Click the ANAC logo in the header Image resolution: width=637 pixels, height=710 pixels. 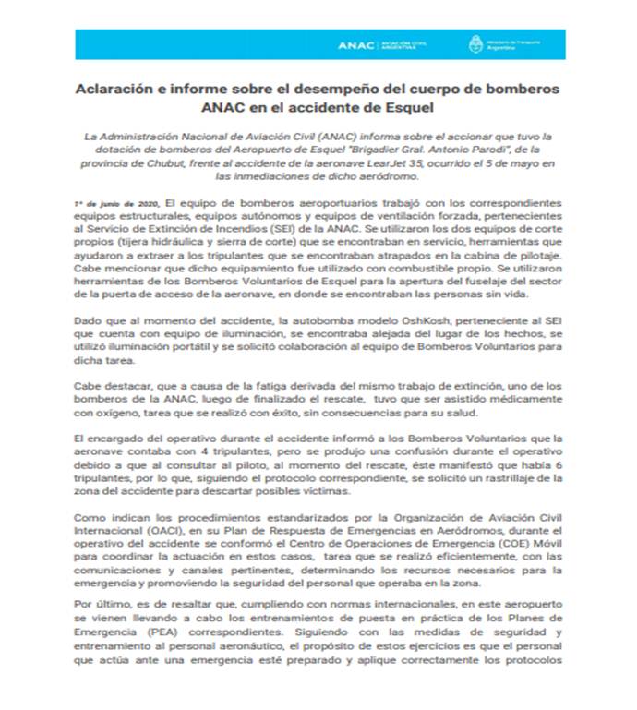tap(355, 44)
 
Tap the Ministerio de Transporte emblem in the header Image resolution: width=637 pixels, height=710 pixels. tap(476, 44)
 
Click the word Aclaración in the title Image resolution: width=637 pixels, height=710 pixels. tap(118, 90)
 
